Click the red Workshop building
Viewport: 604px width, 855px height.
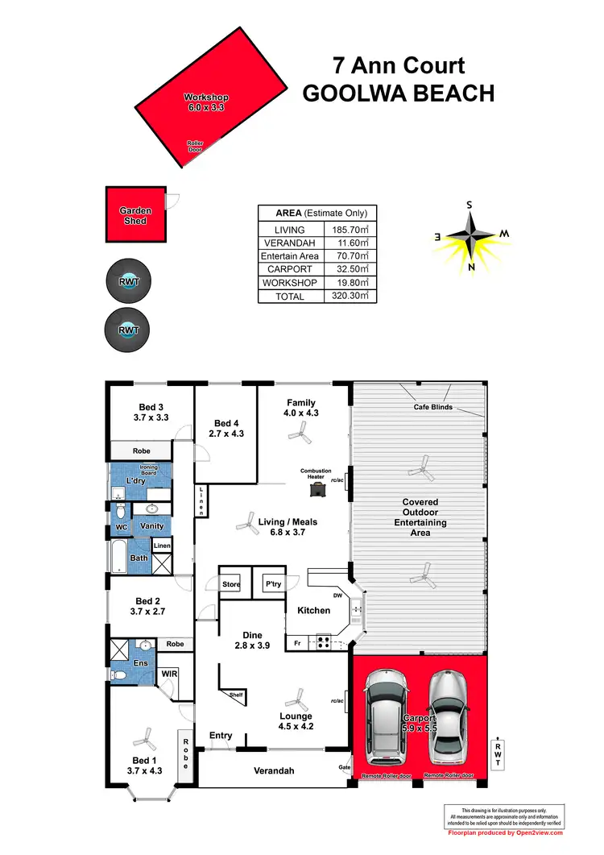coord(212,98)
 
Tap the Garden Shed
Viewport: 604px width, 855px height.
coord(135,214)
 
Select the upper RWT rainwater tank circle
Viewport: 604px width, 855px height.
coord(128,282)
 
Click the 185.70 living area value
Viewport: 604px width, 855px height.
coord(350,230)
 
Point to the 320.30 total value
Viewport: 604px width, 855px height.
coord(350,296)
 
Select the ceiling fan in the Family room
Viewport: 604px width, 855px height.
coord(300,435)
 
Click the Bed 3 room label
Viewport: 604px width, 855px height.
coord(151,413)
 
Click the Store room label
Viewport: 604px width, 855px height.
coord(232,584)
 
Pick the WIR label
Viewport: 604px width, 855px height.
coord(169,672)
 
